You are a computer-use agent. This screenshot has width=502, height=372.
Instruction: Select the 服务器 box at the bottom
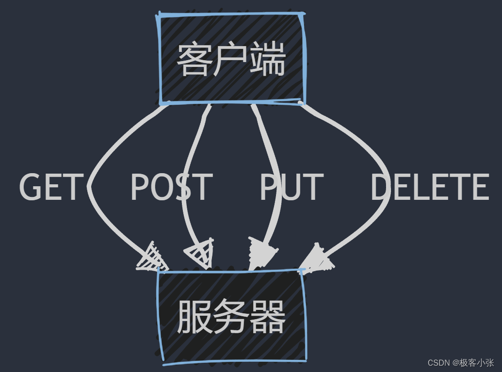[x=232, y=316]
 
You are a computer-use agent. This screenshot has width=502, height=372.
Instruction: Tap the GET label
[x=50, y=187]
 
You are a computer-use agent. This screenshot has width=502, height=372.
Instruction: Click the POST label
[x=171, y=187]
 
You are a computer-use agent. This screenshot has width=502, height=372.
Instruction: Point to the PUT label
[x=291, y=187]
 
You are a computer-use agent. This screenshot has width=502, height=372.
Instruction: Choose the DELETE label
[x=430, y=187]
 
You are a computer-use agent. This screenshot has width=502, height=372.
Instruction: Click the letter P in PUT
[x=269, y=187]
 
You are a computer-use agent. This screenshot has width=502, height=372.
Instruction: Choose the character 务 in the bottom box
[x=231, y=317]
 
